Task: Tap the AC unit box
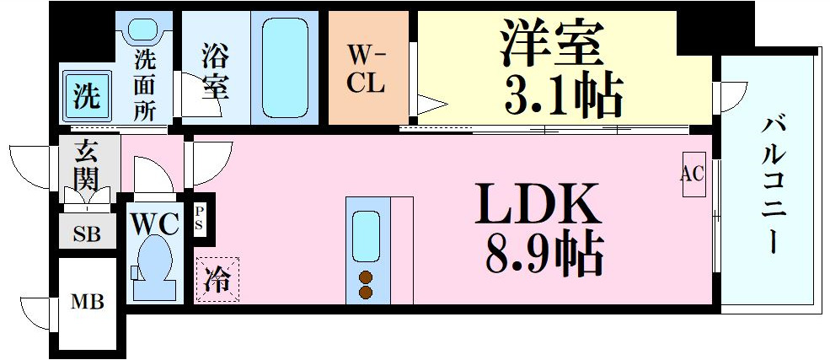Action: point(693,175)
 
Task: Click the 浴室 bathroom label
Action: point(217,69)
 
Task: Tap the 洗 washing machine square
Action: point(85,95)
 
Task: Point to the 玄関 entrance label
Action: point(85,165)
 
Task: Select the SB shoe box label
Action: point(87,234)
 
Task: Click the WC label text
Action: point(155,224)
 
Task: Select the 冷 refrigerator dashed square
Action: point(217,280)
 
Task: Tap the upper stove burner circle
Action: point(367,277)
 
